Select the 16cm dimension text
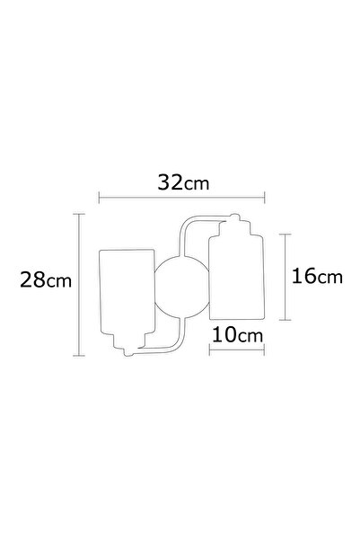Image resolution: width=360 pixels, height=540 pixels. tap(318, 277)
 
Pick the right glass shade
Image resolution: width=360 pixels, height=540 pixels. tap(235, 276)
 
